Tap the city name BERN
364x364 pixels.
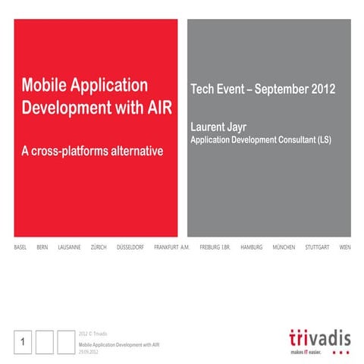click(42, 248)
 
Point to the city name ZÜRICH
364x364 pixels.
click(99, 248)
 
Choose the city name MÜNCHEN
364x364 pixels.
click(284, 248)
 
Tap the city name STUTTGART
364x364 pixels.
click(318, 248)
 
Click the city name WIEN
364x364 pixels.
click(345, 248)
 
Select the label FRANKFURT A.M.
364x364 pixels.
click(171, 248)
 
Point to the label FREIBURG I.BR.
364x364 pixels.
click(215, 248)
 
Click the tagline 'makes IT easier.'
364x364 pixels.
click(306, 352)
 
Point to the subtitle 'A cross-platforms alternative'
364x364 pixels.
click(93, 151)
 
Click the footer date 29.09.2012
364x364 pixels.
click(89, 350)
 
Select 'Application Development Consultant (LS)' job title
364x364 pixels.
click(260, 140)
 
